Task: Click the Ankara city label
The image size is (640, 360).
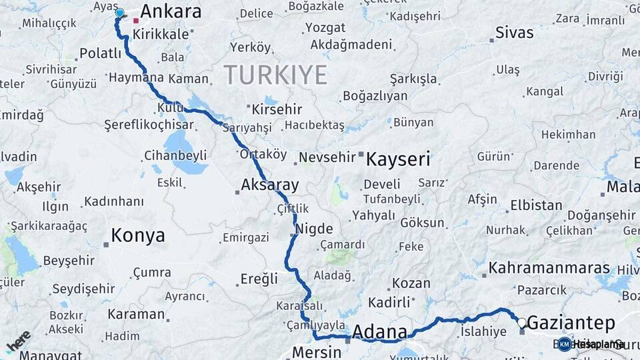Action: coord(171,11)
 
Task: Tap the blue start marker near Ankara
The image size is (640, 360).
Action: coord(120,13)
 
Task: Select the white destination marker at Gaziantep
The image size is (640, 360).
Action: coord(522,323)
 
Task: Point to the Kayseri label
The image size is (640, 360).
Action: coord(399,160)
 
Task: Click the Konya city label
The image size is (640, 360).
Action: coord(137,235)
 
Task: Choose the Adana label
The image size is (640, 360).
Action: coord(379,332)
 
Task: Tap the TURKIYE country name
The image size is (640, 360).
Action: coord(275,75)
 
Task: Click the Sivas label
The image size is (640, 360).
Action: coord(515,33)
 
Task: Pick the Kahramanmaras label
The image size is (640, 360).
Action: coord(549,268)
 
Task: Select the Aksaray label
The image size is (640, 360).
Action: coord(270,185)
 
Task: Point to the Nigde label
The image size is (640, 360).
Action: coord(314,229)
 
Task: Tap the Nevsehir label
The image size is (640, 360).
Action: coord(325,157)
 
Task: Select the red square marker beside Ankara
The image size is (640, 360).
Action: coord(136,21)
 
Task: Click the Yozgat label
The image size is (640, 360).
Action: coord(325,28)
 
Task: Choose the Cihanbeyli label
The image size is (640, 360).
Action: coord(175,156)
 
